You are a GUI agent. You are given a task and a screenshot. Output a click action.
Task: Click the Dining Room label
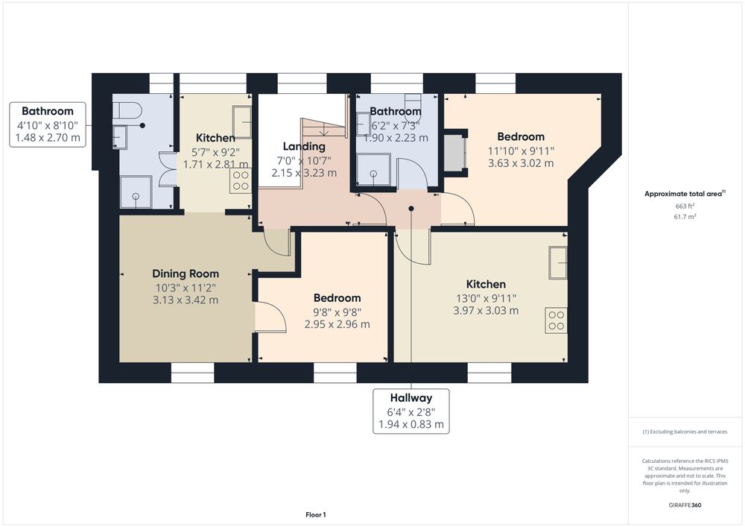point(186,274)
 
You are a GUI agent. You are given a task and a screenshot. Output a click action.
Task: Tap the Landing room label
point(304,146)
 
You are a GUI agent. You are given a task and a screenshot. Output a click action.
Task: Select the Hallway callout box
point(411,411)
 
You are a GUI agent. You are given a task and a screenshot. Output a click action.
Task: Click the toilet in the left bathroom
point(128,111)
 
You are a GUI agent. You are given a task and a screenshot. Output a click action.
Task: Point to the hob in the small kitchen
point(241,180)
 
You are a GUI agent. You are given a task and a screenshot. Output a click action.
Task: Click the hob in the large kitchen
point(556,321)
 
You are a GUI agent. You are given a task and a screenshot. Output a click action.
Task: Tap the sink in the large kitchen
point(558,262)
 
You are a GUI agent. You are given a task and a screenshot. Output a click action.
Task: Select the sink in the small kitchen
point(242,122)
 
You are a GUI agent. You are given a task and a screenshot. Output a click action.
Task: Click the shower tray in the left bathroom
point(136,192)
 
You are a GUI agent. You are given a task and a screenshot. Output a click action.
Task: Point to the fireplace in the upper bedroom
point(454,153)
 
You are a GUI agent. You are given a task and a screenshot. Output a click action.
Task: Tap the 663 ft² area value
point(685,206)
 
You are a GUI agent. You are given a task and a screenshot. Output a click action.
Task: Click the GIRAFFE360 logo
point(685,505)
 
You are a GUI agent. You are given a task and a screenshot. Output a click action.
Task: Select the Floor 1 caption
point(315,514)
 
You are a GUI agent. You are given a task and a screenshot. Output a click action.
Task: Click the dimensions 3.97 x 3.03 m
point(486,310)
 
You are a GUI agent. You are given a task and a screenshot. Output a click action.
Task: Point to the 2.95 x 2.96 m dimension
point(337,324)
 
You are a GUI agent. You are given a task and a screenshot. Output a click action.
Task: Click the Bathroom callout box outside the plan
point(48,124)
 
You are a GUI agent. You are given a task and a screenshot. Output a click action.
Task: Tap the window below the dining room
point(192,373)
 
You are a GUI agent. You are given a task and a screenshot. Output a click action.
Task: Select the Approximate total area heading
point(685,193)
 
